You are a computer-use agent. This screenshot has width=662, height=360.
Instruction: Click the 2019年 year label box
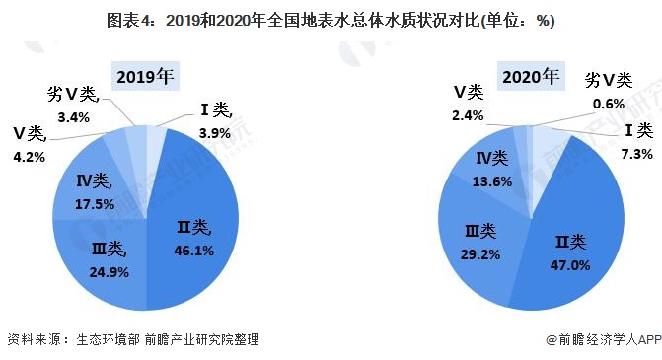[x=145, y=77]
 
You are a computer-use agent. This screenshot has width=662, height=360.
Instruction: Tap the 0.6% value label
[x=610, y=104]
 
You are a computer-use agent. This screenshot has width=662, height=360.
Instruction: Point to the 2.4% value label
[x=468, y=115]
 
